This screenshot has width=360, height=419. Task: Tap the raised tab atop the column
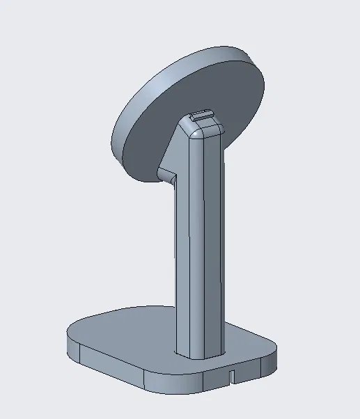[202, 116]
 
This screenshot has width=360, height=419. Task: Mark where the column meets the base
[198, 357]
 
